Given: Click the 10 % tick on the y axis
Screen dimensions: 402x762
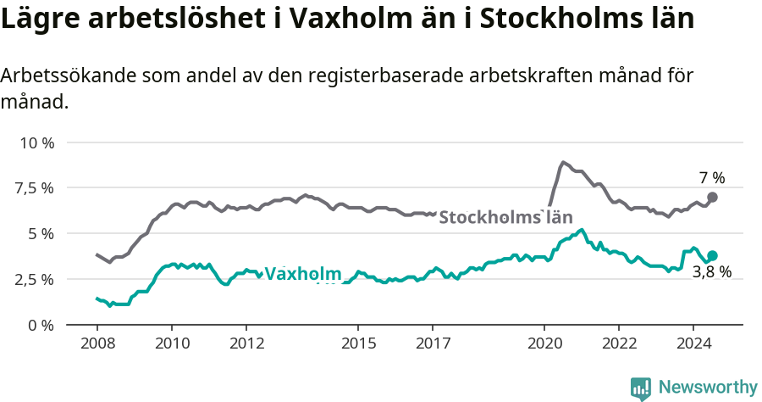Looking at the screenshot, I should (x=36, y=142).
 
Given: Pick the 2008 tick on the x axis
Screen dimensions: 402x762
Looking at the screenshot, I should (x=97, y=343).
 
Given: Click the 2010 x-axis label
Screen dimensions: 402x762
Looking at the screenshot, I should (x=171, y=343).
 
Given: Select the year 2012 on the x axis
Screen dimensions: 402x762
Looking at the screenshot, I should (x=246, y=343).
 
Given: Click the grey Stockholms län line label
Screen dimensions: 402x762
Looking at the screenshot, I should (x=505, y=216).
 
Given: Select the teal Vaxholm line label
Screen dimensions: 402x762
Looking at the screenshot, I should (x=302, y=274).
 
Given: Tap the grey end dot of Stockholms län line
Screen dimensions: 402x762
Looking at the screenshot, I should (x=712, y=197).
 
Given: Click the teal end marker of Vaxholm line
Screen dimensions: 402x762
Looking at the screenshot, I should (x=712, y=255).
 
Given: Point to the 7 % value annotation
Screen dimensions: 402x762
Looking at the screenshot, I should (x=711, y=178).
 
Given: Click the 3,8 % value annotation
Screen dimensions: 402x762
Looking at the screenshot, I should (x=711, y=273).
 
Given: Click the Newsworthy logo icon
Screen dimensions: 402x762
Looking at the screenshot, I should (x=640, y=388).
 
